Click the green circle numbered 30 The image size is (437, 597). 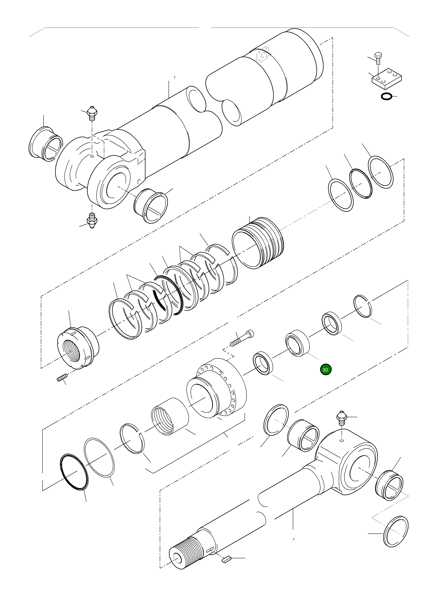coord(325,370)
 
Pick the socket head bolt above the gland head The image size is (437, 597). coord(242,339)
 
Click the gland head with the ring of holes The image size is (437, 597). coord(217,389)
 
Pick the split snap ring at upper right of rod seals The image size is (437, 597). coord(363,306)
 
